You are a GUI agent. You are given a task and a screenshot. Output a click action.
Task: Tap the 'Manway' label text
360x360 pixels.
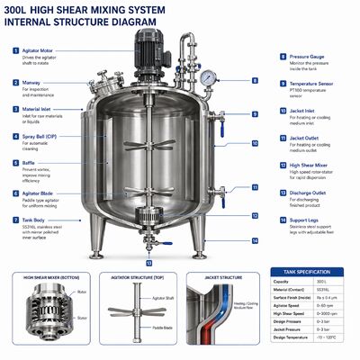[31, 82]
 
